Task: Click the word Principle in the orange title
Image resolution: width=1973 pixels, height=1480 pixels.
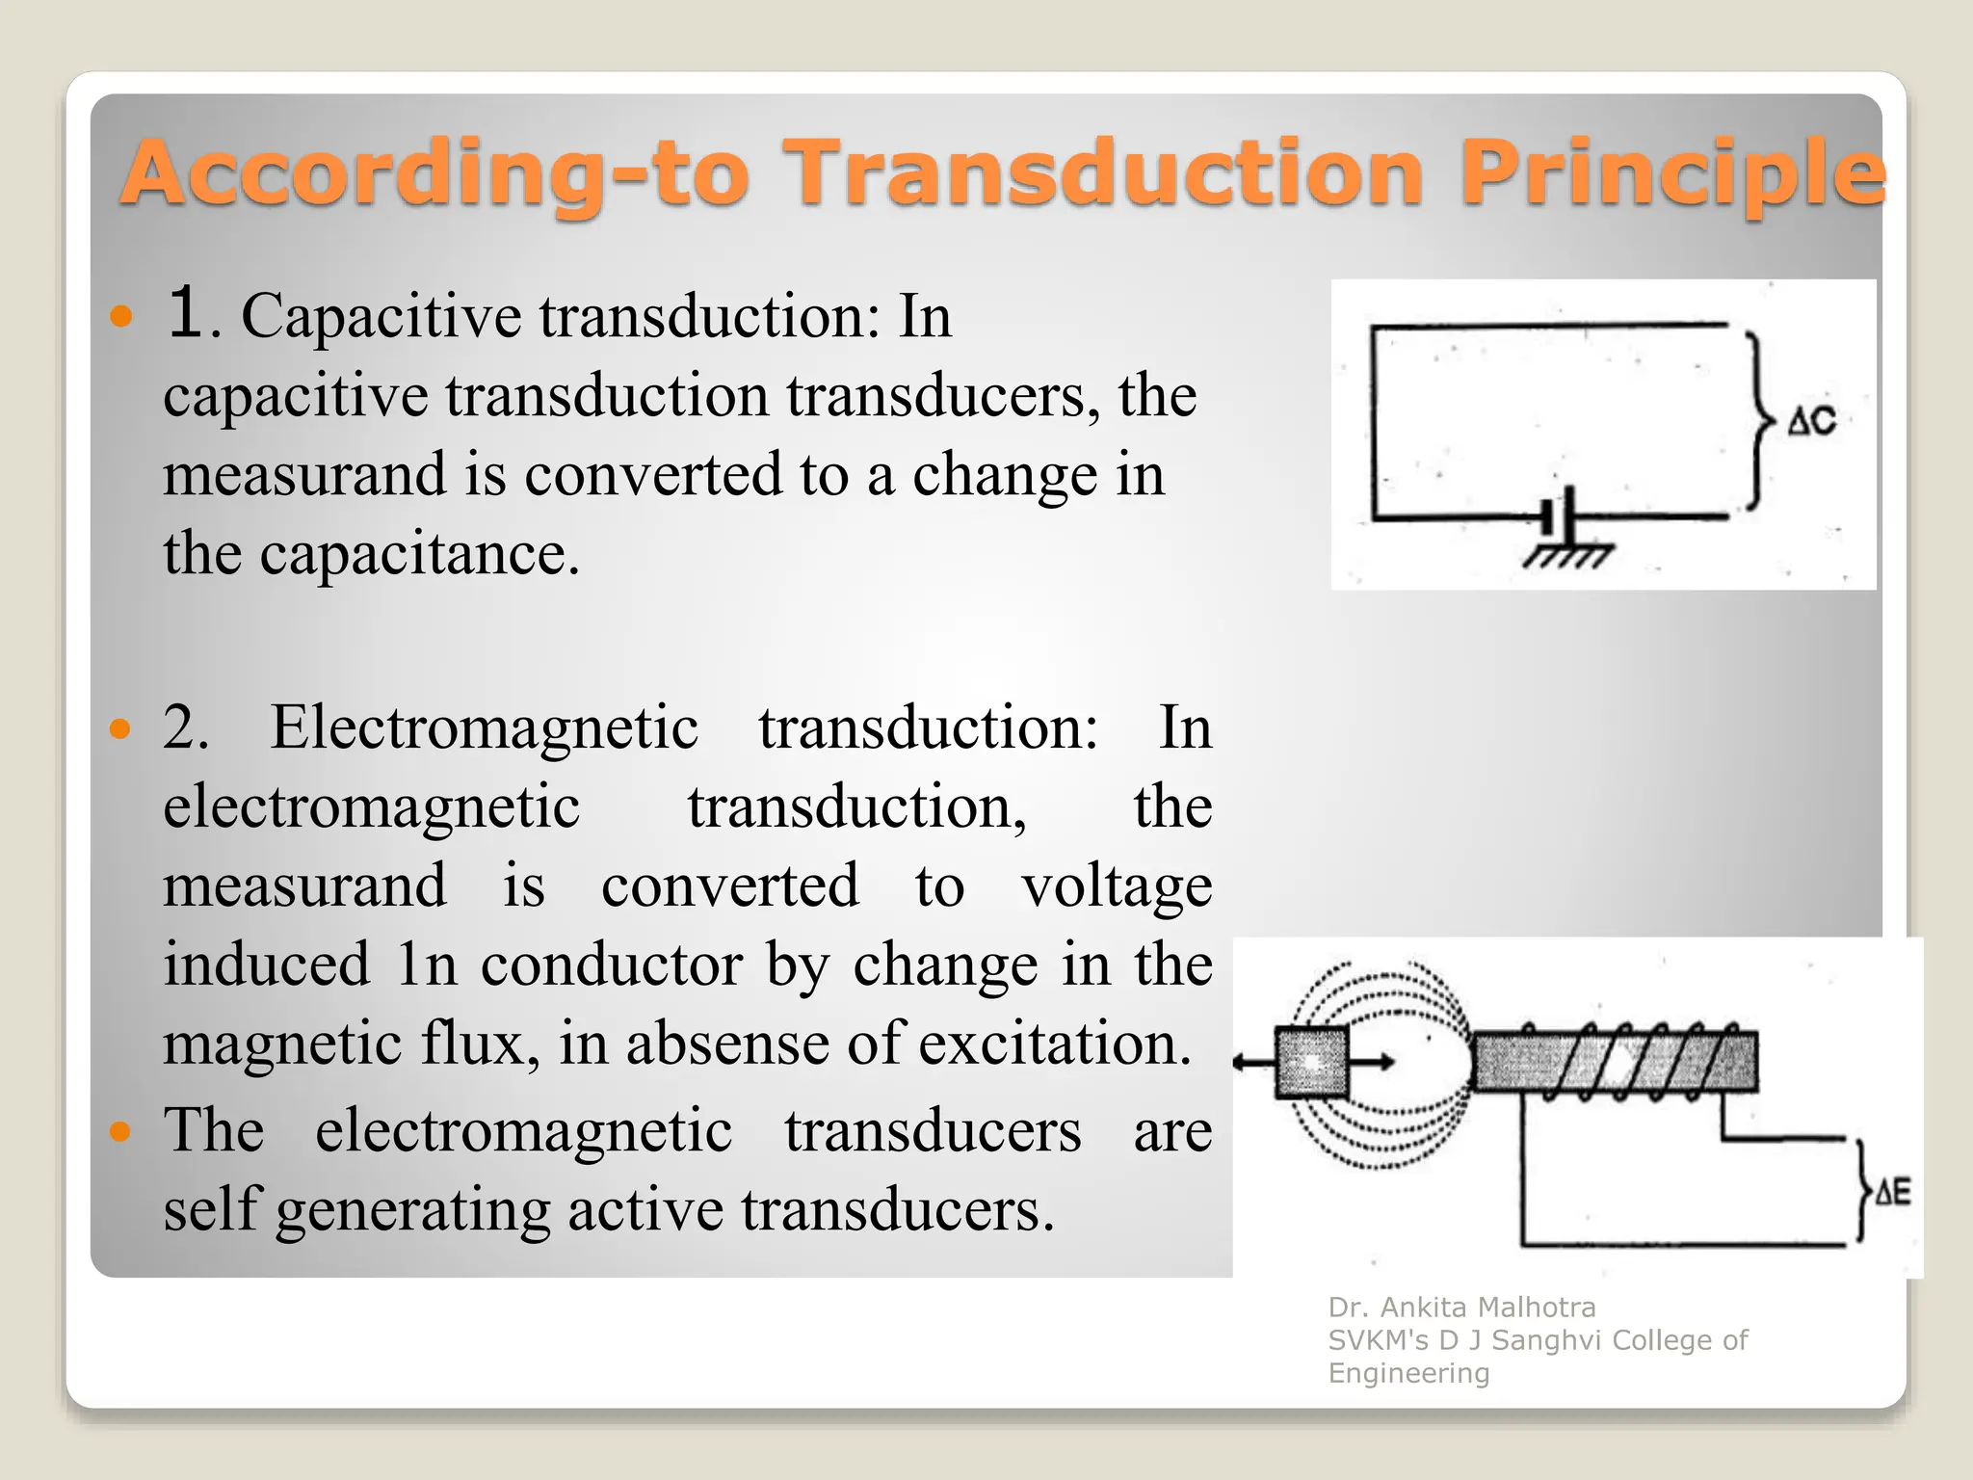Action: [x=1671, y=173]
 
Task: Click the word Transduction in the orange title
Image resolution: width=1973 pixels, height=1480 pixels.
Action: [x=1102, y=173]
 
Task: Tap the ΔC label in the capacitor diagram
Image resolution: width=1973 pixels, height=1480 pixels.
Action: [x=1811, y=422]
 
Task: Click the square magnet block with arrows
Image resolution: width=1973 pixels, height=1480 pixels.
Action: [x=1311, y=1063]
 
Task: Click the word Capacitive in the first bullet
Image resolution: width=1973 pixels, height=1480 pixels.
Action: [x=381, y=316]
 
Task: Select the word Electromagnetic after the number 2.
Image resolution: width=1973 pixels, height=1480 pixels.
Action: [x=484, y=727]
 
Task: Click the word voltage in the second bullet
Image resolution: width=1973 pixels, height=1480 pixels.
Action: [x=1117, y=886]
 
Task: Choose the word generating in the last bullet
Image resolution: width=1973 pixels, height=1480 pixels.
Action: [x=412, y=1210]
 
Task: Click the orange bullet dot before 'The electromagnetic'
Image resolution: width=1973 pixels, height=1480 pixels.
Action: [x=120, y=1130]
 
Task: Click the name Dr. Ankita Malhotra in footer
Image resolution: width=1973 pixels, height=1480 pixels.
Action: [x=1461, y=1308]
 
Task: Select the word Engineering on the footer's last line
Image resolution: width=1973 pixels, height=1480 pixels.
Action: [x=1408, y=1373]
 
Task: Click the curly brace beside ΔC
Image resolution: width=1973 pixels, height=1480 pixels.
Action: [x=1760, y=421]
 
